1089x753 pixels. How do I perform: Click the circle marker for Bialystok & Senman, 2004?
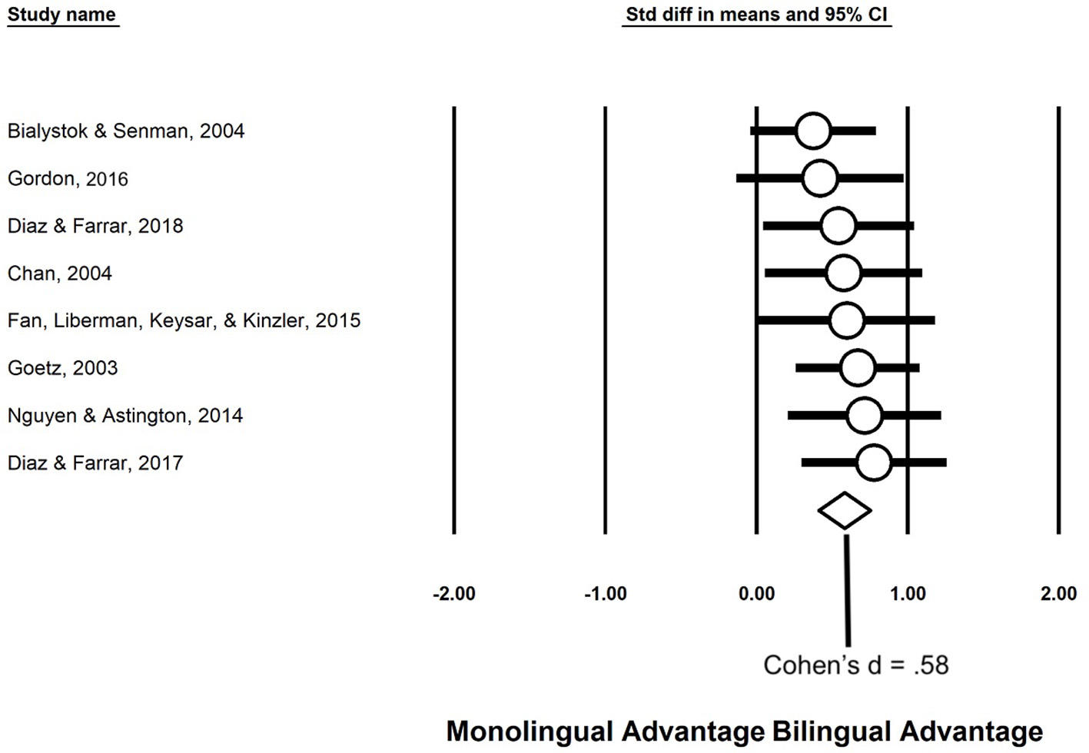813,131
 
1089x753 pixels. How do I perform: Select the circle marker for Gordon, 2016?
819,178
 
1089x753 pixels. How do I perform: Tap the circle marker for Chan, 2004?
843,274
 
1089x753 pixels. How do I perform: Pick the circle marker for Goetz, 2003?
858,368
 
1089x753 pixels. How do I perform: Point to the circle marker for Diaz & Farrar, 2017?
873,463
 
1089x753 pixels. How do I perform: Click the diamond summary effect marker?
845,510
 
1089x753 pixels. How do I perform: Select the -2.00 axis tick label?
454,594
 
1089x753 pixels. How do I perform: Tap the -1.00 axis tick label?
606,594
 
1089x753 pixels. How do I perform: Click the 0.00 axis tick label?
757,594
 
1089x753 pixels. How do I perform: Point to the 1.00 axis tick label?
908,594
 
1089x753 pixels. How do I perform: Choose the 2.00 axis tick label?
1058,594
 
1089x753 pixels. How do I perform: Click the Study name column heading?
61,15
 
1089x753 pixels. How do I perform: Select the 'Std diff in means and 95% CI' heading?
757,15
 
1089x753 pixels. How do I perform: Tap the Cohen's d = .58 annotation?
855,665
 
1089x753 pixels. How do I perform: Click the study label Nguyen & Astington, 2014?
125,416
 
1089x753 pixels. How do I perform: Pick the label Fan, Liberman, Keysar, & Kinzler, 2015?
184,320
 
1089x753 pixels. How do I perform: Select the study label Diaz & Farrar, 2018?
95,226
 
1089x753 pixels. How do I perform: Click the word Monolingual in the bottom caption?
529,731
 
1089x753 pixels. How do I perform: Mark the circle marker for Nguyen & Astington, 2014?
864,416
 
